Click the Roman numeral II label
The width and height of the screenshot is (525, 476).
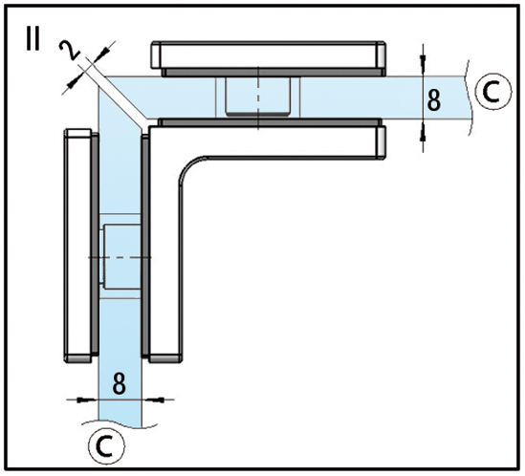click(33, 39)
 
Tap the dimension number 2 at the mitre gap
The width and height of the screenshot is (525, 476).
click(69, 51)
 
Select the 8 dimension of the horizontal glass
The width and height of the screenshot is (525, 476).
click(434, 100)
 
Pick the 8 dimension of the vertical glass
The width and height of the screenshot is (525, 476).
click(120, 383)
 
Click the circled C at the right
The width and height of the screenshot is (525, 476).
click(493, 92)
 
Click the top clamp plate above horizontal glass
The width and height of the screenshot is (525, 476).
click(268, 55)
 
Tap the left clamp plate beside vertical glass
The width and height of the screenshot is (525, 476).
click(77, 246)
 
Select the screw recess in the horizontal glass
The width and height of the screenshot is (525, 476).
click(258, 97)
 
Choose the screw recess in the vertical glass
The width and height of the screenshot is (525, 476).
click(120, 256)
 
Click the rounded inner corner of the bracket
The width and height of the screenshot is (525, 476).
click(189, 166)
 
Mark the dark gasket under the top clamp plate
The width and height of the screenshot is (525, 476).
click(273, 73)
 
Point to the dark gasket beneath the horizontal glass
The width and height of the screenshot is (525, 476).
click(270, 122)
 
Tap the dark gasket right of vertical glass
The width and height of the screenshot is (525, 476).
click(145, 245)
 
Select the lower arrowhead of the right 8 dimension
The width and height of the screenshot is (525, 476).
click(424, 135)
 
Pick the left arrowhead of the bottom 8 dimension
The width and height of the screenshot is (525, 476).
click(84, 400)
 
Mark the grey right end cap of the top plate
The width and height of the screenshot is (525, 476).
click(381, 55)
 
